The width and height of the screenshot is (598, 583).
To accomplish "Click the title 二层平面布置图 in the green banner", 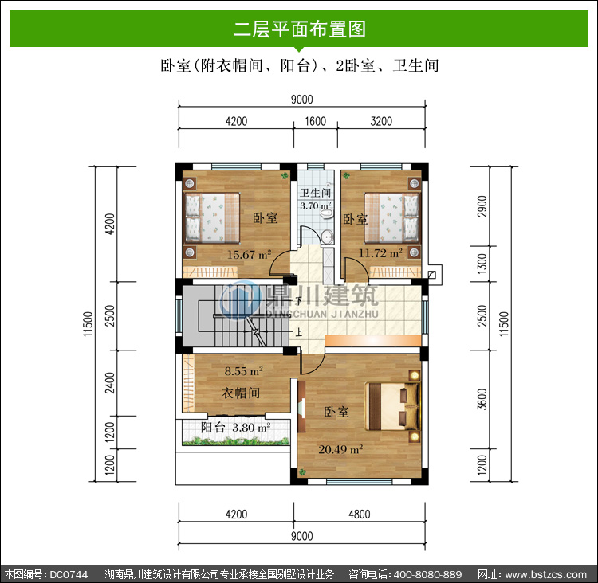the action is click(x=299, y=29).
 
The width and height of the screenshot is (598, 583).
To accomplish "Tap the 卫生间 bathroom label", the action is click(x=315, y=193).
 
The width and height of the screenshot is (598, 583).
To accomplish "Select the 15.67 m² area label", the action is click(x=250, y=254).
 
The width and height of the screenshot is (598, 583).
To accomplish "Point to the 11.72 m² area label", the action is click(x=380, y=253).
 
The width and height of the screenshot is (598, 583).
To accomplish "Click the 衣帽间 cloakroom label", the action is click(x=241, y=393).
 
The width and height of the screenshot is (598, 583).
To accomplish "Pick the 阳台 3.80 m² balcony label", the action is click(x=236, y=428).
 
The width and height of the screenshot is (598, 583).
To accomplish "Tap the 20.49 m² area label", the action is click(x=340, y=450).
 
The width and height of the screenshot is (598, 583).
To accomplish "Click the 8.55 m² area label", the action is click(x=244, y=371).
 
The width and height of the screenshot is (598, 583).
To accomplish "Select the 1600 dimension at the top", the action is click(x=316, y=122).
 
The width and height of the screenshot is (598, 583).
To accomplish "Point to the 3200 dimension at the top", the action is click(x=381, y=122).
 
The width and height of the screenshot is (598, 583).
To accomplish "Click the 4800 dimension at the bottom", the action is click(x=360, y=515).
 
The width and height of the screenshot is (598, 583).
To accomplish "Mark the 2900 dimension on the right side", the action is click(x=482, y=206).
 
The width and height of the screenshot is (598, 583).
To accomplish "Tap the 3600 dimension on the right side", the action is click(x=482, y=399).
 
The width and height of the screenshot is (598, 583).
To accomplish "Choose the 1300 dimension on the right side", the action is click(x=482, y=264).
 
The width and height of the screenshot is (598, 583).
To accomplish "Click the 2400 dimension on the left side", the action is click(x=110, y=383).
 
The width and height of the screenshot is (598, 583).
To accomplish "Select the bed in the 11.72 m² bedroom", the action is click(x=391, y=218).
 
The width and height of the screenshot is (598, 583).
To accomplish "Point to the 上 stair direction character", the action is click(x=299, y=332).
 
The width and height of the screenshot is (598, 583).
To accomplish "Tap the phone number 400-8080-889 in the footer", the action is click(x=428, y=574).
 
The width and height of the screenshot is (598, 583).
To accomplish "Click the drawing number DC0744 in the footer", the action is click(x=69, y=574).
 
